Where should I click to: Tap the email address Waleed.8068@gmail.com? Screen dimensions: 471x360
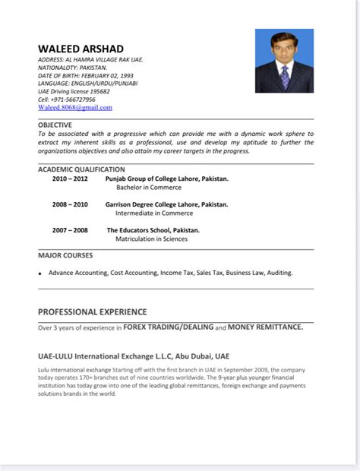coord(75,108)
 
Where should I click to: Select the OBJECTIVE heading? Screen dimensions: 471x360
coord(55,125)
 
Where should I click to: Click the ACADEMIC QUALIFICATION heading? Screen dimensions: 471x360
coord(81,169)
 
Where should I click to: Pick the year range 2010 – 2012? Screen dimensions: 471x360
coord(70,179)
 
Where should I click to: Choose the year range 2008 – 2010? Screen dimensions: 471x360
coord(70,204)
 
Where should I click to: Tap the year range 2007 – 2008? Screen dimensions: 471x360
coord(70,230)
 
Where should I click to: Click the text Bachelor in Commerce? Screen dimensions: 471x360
coord(148,188)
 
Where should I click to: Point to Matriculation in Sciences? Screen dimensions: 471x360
coord(151,239)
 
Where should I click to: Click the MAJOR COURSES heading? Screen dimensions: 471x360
coord(65,255)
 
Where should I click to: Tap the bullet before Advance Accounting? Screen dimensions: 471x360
coord(40,273)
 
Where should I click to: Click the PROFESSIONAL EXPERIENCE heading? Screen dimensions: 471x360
coord(92,311)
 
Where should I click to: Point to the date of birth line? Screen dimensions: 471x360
coord(85,75)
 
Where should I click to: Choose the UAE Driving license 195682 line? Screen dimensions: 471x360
coord(74,91)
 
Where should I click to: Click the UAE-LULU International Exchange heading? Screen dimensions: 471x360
coord(133,356)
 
